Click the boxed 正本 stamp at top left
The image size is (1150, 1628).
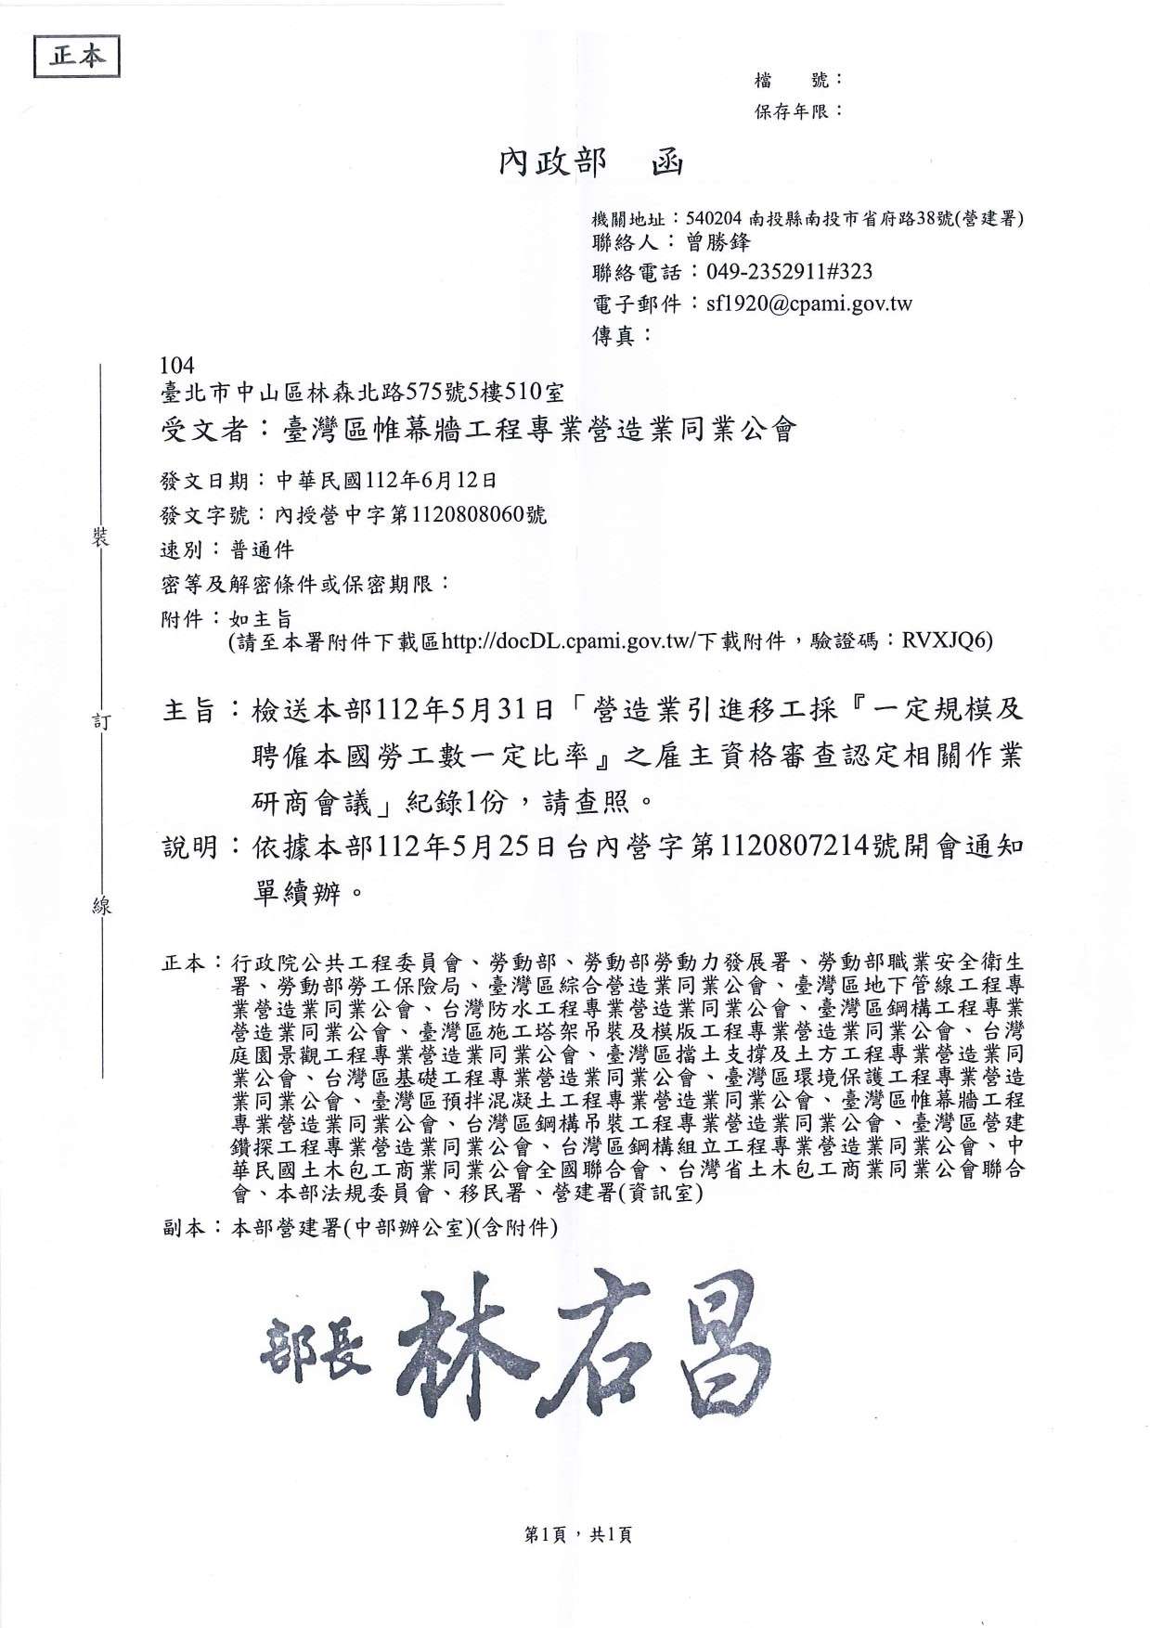click(x=77, y=56)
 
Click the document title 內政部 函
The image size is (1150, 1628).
click(x=590, y=163)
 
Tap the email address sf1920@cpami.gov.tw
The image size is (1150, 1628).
click(x=808, y=304)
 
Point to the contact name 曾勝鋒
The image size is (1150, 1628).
click(x=717, y=242)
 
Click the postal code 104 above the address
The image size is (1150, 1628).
click(x=177, y=366)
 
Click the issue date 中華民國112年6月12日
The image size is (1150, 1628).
click(x=387, y=480)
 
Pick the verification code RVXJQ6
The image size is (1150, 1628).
click(x=947, y=640)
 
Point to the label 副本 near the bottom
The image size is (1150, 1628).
click(x=183, y=1227)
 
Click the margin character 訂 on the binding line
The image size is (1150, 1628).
click(x=101, y=722)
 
